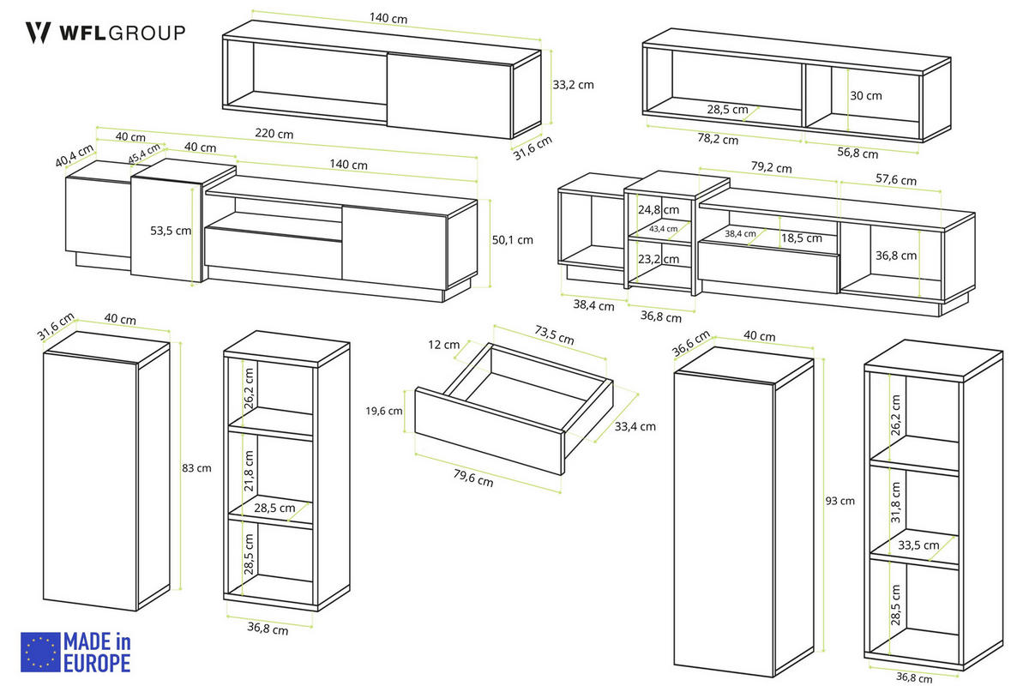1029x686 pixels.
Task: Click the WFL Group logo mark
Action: pyautogui.click(x=38, y=33)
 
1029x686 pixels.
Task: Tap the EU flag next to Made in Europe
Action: pyautogui.click(x=40, y=652)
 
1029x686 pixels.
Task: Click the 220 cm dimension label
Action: pyautogui.click(x=274, y=134)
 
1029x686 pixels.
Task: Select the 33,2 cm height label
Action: pyautogui.click(x=573, y=85)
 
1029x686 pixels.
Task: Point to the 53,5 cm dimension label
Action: pyautogui.click(x=171, y=231)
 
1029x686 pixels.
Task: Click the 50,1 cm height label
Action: pyautogui.click(x=512, y=240)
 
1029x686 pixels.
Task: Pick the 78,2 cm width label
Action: pyautogui.click(x=718, y=138)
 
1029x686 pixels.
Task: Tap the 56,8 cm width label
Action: pyautogui.click(x=857, y=153)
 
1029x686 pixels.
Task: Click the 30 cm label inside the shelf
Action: pyautogui.click(x=866, y=95)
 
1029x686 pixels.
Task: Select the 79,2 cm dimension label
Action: pyautogui.click(x=771, y=167)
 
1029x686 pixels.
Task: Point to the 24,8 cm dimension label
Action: pyautogui.click(x=659, y=209)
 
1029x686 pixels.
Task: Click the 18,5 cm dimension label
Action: pyautogui.click(x=802, y=238)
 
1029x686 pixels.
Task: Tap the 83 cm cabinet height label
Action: pyautogui.click(x=196, y=468)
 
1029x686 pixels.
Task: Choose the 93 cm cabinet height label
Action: pyautogui.click(x=839, y=501)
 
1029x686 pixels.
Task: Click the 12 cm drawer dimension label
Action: pyautogui.click(x=444, y=345)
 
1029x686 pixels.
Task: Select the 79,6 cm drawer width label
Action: pyautogui.click(x=473, y=478)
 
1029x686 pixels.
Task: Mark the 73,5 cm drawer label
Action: pyautogui.click(x=555, y=335)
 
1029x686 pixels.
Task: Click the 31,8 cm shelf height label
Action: pyautogui.click(x=895, y=502)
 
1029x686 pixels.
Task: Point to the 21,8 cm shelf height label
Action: pyautogui.click(x=249, y=471)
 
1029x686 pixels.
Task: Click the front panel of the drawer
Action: pyautogui.click(x=490, y=431)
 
